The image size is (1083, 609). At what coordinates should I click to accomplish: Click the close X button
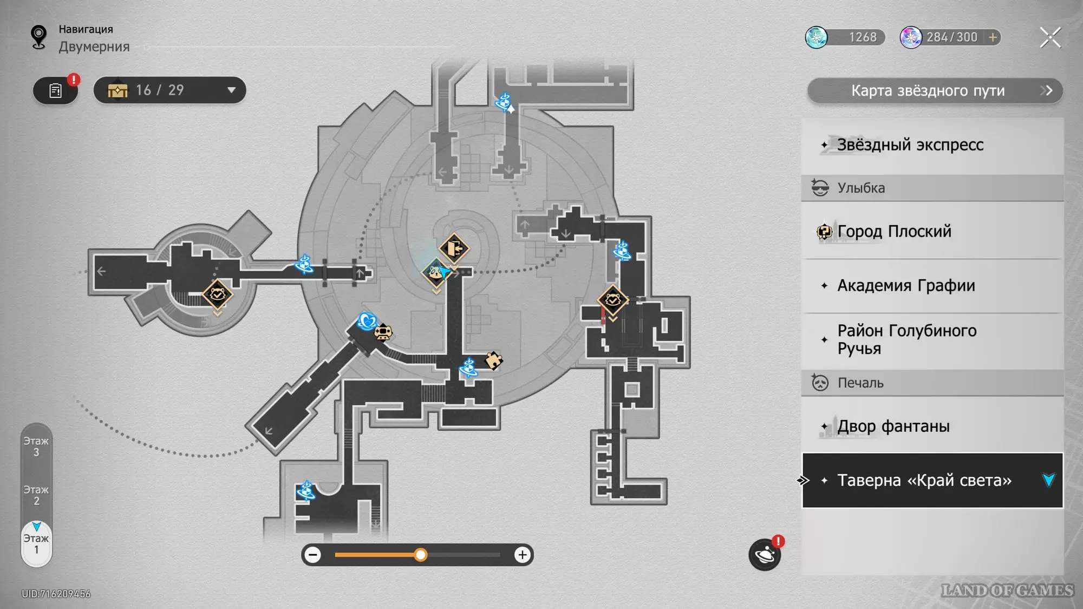tap(1050, 37)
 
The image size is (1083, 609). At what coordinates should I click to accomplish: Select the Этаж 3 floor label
tap(36, 447)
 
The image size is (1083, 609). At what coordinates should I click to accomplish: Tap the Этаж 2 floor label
tap(36, 495)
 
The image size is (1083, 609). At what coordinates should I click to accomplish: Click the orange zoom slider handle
tap(420, 555)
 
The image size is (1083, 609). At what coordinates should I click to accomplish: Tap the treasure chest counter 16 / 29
tap(169, 90)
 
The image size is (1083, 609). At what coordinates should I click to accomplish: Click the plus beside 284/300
tap(993, 37)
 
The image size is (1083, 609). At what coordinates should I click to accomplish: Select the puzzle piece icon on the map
tap(493, 360)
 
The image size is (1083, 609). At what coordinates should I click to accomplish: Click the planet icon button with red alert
tap(765, 554)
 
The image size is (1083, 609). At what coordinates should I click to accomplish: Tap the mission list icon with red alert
tap(56, 90)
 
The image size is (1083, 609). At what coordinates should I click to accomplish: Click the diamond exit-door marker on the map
tap(454, 248)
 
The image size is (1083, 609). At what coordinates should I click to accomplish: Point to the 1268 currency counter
tap(845, 37)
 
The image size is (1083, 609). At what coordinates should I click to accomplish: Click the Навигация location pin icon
tap(38, 37)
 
